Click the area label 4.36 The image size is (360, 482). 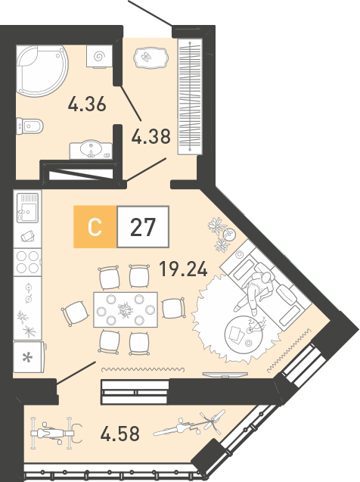click(x=87, y=104)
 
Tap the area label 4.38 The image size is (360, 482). click(x=151, y=136)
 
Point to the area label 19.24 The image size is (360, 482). click(x=183, y=269)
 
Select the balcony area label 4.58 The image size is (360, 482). click(x=120, y=433)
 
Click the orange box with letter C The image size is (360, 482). click(x=95, y=227)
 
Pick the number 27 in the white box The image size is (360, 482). click(x=143, y=227)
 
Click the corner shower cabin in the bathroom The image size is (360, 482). click(x=42, y=71)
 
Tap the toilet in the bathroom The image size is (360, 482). click(x=29, y=126)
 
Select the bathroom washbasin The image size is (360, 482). click(x=91, y=150)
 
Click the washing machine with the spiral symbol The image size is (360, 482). click(x=99, y=57)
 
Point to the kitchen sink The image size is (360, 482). click(x=28, y=207)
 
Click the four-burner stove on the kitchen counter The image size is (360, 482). click(x=28, y=262)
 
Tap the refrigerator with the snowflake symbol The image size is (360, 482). click(x=29, y=356)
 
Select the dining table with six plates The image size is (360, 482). click(x=126, y=310)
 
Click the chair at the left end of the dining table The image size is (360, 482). click(x=75, y=313)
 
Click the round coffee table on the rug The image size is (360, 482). click(x=244, y=333)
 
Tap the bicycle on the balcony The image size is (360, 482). click(x=189, y=423)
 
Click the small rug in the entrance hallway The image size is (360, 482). click(x=151, y=58)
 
